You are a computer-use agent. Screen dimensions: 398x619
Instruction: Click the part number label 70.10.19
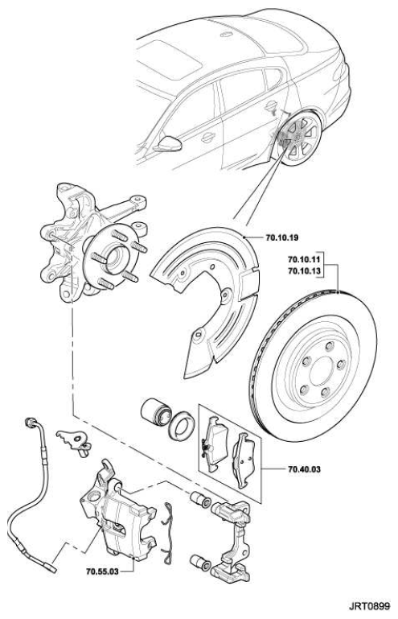coord(282,237)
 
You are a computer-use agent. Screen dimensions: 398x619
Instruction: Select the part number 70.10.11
coord(305,260)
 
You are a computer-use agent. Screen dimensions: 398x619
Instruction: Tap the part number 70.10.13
coord(305,271)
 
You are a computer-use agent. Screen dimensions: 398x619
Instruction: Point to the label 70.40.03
coord(304,469)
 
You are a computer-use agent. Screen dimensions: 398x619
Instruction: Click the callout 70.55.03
coord(102,572)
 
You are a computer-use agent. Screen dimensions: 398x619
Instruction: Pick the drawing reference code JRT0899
coord(369,606)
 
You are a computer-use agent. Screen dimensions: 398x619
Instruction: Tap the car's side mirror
coord(168,144)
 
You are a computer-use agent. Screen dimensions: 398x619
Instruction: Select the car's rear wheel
coord(299,139)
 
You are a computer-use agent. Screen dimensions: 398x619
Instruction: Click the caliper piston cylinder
coord(154,412)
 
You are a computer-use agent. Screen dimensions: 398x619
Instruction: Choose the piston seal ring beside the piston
coord(181,426)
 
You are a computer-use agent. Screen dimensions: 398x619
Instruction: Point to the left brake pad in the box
coord(214,444)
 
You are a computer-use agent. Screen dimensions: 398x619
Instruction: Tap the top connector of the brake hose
coord(30,423)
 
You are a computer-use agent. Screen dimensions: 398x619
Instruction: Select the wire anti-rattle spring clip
coord(167,533)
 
